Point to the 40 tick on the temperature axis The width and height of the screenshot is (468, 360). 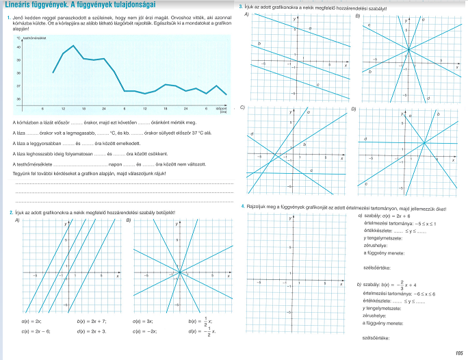18,47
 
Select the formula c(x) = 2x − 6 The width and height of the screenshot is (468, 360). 35,332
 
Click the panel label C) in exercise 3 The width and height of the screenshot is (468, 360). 243,107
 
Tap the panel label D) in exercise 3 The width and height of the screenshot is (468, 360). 354,108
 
